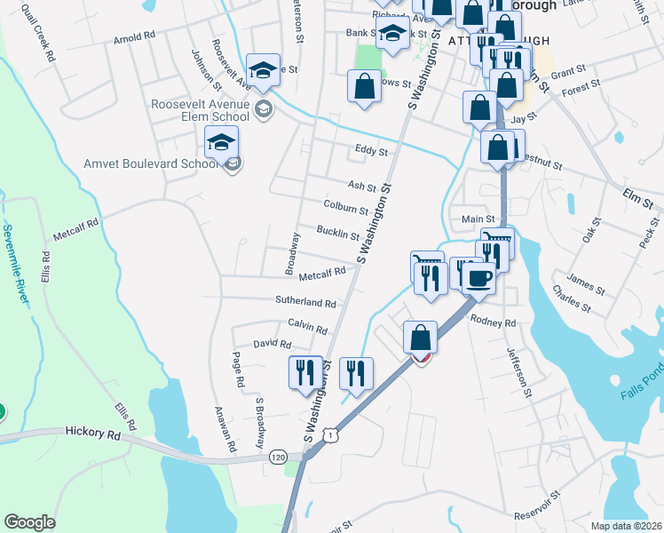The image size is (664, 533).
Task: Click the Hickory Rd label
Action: tap(92, 434)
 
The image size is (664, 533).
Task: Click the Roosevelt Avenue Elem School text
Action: tap(201, 110)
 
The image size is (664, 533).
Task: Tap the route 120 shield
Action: tap(278, 457)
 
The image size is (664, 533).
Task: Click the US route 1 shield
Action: tap(331, 435)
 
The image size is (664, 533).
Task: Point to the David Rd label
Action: tap(272, 343)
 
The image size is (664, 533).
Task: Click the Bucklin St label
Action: tap(338, 234)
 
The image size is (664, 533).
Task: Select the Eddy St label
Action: tap(371, 152)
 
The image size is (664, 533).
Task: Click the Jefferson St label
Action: tap(518, 370)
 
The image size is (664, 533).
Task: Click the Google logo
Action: tap(29, 522)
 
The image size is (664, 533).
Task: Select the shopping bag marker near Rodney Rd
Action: tap(420, 338)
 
